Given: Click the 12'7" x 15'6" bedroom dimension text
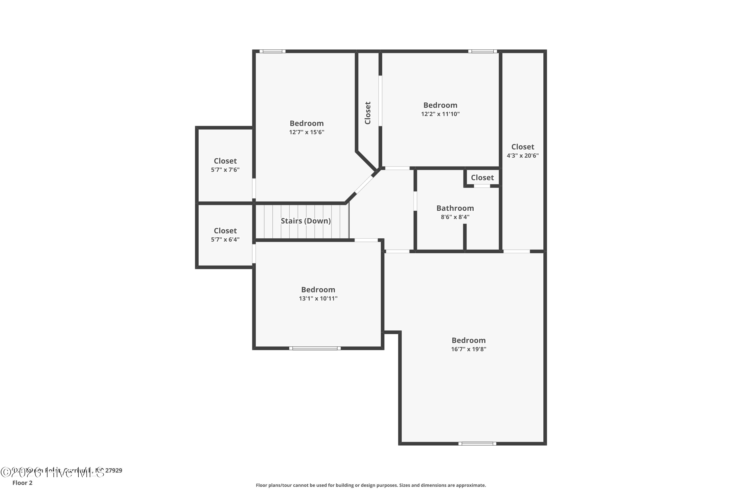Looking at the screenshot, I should tap(306, 132).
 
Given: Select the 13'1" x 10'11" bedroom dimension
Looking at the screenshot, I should tap(318, 298).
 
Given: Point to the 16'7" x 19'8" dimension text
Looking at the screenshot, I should tap(468, 349).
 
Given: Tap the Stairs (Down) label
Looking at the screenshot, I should tap(306, 221).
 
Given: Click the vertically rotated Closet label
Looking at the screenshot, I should tap(368, 113).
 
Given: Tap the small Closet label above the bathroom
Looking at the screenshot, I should tap(482, 177).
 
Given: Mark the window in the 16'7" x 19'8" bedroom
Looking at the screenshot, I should tap(477, 444).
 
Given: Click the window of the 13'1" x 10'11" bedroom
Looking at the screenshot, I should tap(315, 348).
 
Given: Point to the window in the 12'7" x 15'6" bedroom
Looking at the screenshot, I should tap(272, 51).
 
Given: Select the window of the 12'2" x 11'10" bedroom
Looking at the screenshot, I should tap(482, 51).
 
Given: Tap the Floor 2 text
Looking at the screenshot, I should tap(23, 483).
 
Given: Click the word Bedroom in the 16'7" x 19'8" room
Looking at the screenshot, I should tap(468, 340).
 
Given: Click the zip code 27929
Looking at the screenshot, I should tap(114, 470).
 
